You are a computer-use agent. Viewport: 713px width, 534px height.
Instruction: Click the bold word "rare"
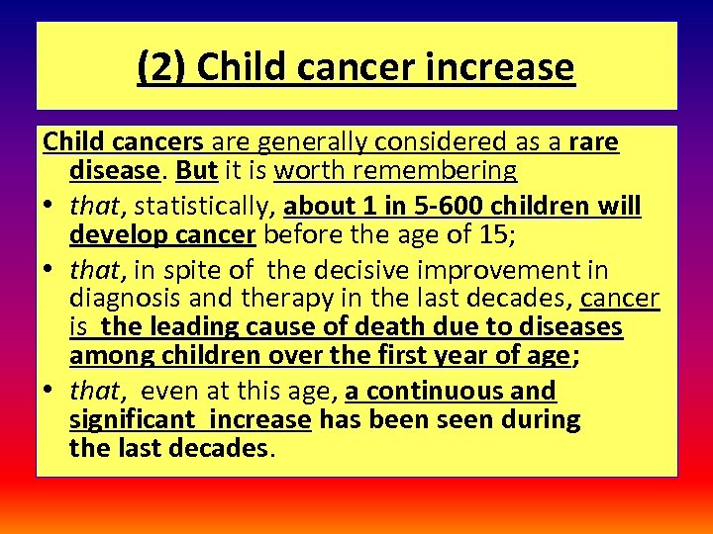(594, 143)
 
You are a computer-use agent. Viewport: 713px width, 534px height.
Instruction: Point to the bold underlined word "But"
(196, 171)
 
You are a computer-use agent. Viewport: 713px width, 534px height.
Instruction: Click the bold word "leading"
(197, 327)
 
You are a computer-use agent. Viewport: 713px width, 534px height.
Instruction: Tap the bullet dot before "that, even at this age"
(50, 392)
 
